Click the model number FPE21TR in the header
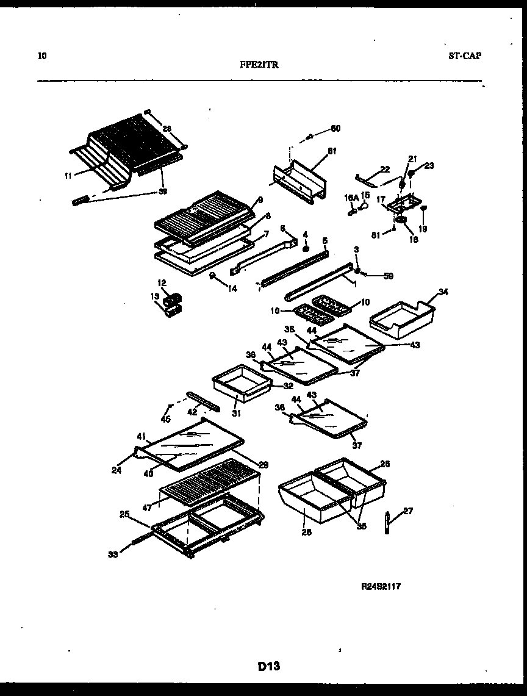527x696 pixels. pyautogui.click(x=263, y=65)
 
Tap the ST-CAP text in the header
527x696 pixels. pyautogui.click(x=464, y=56)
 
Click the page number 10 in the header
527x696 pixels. pyautogui.click(x=41, y=56)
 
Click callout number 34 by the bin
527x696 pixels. pyautogui.click(x=443, y=292)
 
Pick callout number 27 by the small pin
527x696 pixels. pyautogui.click(x=408, y=511)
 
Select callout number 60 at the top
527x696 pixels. pyautogui.click(x=335, y=128)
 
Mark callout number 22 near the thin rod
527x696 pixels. pyautogui.click(x=384, y=169)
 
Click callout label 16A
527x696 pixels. pyautogui.click(x=351, y=198)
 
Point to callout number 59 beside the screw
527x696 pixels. pyautogui.click(x=388, y=276)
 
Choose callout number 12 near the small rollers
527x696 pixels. pyautogui.click(x=162, y=283)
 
